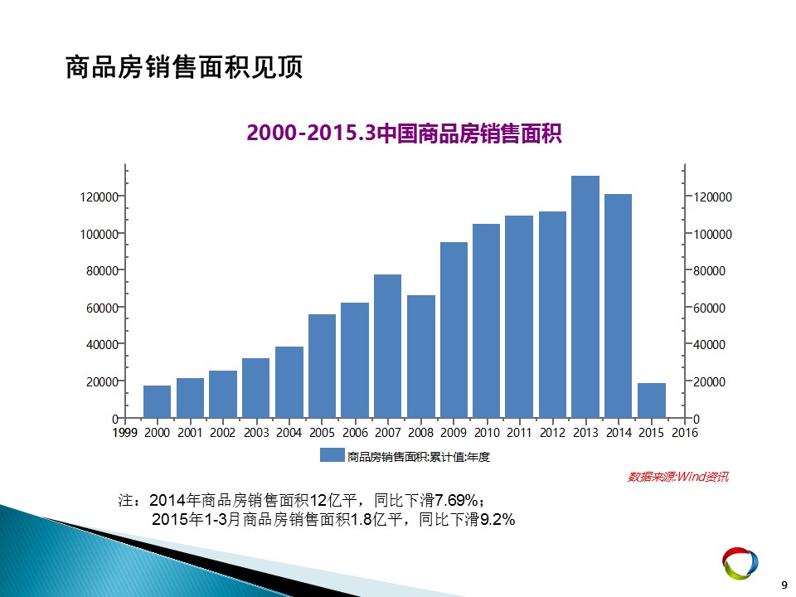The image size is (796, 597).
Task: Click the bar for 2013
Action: [x=585, y=297]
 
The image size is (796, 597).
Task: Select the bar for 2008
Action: [x=421, y=357]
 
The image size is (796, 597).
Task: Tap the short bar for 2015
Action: [x=652, y=400]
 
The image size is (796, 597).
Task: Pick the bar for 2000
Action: [x=157, y=402]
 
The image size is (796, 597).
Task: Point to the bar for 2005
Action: [x=322, y=366]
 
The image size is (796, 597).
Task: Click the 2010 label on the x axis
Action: [x=487, y=433]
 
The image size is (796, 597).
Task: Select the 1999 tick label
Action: [x=125, y=433]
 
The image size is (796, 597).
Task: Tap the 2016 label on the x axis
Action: [x=685, y=433]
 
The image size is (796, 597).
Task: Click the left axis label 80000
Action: [x=102, y=270]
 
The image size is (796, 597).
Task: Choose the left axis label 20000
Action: [x=102, y=381]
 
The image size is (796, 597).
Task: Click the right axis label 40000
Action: [x=709, y=345]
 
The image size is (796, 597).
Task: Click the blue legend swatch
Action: [x=332, y=455]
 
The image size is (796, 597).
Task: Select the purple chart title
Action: [x=404, y=133]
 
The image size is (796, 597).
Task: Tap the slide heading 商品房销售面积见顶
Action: [x=184, y=67]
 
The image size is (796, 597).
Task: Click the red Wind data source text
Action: [x=677, y=477]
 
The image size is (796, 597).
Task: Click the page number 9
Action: [x=784, y=585]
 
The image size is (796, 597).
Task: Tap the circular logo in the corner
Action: [x=740, y=563]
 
